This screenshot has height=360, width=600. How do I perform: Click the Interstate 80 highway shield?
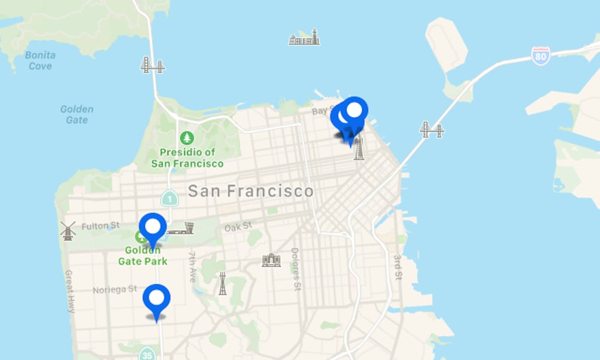click(540, 55)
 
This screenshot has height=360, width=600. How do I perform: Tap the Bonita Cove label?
click(40, 61)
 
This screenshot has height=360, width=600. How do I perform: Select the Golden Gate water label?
click(77, 114)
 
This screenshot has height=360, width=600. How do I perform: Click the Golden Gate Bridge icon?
click(153, 65)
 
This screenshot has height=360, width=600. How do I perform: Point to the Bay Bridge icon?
click(431, 130)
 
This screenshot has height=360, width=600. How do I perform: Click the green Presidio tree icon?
click(187, 138)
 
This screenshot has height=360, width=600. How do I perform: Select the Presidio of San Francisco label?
click(187, 158)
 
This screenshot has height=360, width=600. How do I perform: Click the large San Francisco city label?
click(251, 191)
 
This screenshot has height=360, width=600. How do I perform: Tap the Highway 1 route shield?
click(169, 198)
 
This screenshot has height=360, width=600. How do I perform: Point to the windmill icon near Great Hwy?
click(68, 230)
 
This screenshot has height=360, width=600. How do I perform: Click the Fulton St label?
click(101, 226)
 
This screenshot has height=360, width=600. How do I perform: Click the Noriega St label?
click(115, 290)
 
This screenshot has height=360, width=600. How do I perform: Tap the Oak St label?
click(238, 227)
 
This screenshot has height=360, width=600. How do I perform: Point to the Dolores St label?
click(295, 269)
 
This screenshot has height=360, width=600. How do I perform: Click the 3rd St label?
click(398, 267)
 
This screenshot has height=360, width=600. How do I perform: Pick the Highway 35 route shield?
click(147, 354)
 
